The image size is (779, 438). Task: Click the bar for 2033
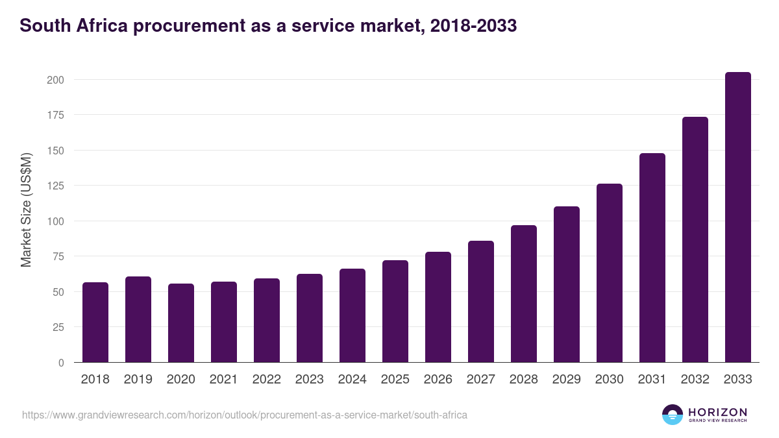point(737,217)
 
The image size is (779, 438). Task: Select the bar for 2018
point(95,322)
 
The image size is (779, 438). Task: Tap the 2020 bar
point(181,323)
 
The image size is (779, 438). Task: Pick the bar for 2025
point(395,311)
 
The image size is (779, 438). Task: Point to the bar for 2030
point(610,273)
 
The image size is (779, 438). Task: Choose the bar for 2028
point(524,294)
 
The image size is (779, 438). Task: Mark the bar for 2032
point(695,239)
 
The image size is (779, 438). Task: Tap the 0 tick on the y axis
point(61,363)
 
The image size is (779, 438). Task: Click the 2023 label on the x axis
point(310,380)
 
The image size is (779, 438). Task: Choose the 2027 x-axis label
point(481,380)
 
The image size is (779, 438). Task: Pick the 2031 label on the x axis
point(652,380)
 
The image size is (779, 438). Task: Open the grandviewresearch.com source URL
point(245,415)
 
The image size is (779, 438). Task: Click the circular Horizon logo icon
point(672,415)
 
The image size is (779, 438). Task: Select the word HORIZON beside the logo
point(717,411)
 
